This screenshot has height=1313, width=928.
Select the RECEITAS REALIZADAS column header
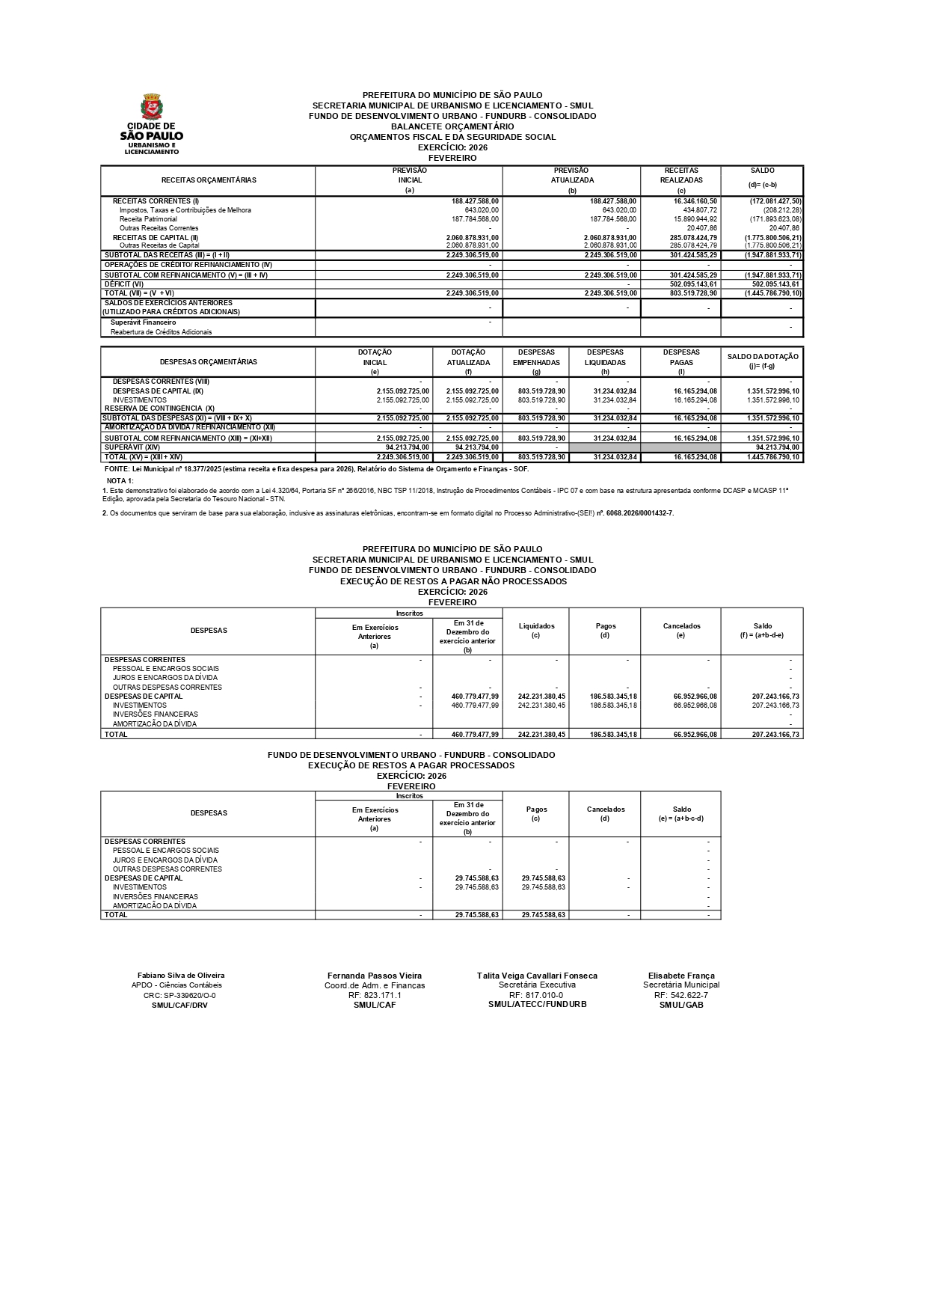(x=680, y=180)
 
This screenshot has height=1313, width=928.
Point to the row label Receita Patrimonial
(x=148, y=219)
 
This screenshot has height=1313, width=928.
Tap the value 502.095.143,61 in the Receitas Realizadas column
(x=693, y=284)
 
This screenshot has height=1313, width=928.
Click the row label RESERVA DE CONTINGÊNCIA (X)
(x=159, y=408)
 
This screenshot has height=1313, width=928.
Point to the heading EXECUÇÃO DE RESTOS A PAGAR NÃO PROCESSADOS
(x=453, y=581)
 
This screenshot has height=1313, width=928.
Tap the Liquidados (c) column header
(x=536, y=630)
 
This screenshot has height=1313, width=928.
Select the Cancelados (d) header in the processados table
(x=605, y=813)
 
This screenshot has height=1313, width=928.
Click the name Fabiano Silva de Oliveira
(x=181, y=976)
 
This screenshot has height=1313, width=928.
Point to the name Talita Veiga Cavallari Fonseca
(x=537, y=976)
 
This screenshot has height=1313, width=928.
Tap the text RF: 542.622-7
(x=680, y=995)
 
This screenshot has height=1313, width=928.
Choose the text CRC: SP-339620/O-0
(x=179, y=996)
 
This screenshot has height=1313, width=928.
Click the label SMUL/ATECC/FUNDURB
(x=537, y=1004)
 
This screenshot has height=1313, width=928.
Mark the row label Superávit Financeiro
(x=143, y=322)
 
